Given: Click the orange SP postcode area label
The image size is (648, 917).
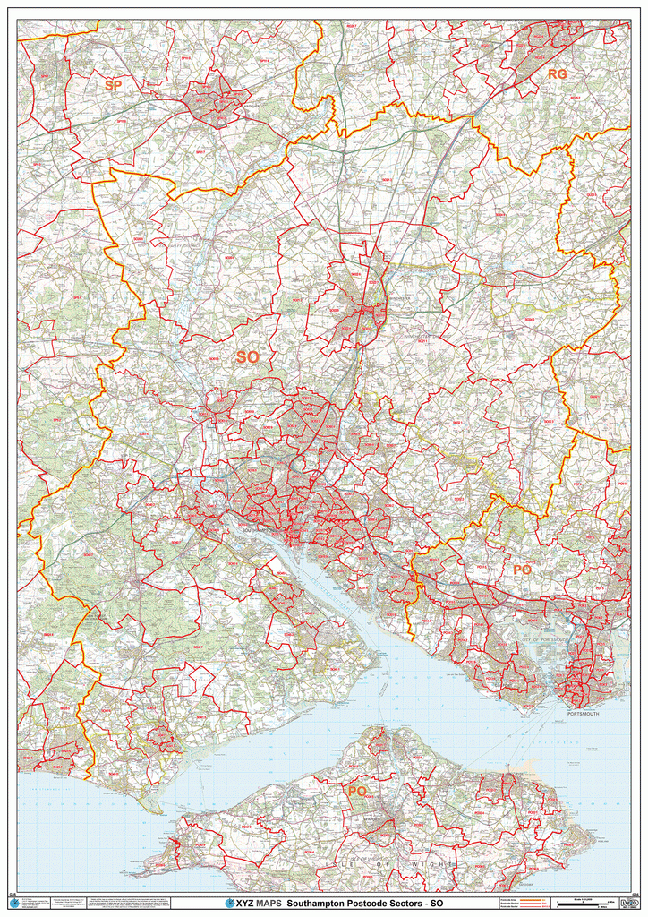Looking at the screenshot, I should tap(113, 85).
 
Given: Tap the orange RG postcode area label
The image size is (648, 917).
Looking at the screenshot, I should tap(557, 74).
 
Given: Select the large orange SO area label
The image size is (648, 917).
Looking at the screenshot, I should tap(247, 357).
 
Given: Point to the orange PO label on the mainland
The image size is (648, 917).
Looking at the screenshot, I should tap(523, 570).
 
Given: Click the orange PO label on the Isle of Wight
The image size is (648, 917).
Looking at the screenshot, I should tap(357, 792).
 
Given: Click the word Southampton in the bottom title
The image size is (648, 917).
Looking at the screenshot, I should tap(321, 904).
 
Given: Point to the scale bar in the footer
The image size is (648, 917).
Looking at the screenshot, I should tap(586, 904).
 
